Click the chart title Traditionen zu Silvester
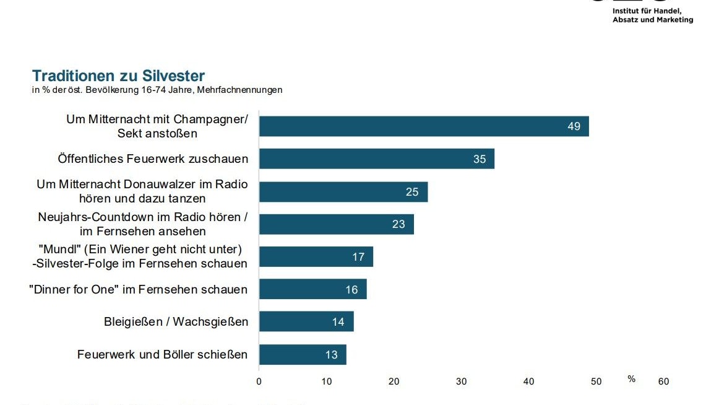(118, 76)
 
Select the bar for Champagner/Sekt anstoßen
(423, 126)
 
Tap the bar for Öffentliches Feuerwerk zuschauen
(376, 159)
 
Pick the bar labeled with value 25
(343, 192)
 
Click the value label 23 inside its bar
(398, 224)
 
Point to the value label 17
(358, 257)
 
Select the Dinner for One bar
(312, 289)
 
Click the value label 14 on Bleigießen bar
(338, 322)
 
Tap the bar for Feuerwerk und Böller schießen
(302, 355)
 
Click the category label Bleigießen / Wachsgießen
(176, 322)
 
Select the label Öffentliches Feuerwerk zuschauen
(153, 159)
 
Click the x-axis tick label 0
(259, 382)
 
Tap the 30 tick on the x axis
(461, 382)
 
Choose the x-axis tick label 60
(663, 382)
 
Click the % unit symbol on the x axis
(631, 379)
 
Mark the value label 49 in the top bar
(574, 126)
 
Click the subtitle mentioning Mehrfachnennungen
(157, 90)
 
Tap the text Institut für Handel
(647, 11)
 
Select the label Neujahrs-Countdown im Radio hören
(142, 217)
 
